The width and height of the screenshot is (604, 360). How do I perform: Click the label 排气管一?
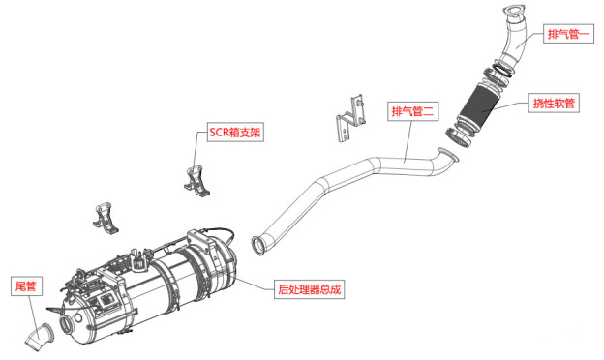click(568, 34)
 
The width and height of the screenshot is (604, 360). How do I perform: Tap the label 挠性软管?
click(554, 104)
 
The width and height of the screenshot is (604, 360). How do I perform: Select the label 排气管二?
click(413, 111)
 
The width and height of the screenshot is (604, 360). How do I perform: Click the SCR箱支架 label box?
click(235, 132)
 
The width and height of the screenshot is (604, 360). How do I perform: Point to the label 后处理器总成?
click(310, 288)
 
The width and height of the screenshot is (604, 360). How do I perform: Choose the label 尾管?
click(26, 286)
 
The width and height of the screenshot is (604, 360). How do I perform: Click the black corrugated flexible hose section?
click(477, 104)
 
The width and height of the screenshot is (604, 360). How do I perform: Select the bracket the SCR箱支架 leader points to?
click(196, 181)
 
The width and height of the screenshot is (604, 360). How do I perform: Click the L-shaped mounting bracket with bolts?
click(350, 117)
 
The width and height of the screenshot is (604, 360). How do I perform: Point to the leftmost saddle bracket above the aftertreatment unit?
click(105, 218)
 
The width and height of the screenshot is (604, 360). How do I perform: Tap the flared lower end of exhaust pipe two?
click(258, 245)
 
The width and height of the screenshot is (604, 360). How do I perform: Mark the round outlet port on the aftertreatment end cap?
click(66, 324)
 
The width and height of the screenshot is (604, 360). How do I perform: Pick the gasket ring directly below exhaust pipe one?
click(502, 69)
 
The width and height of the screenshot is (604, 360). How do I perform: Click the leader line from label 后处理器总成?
click(255, 284)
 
